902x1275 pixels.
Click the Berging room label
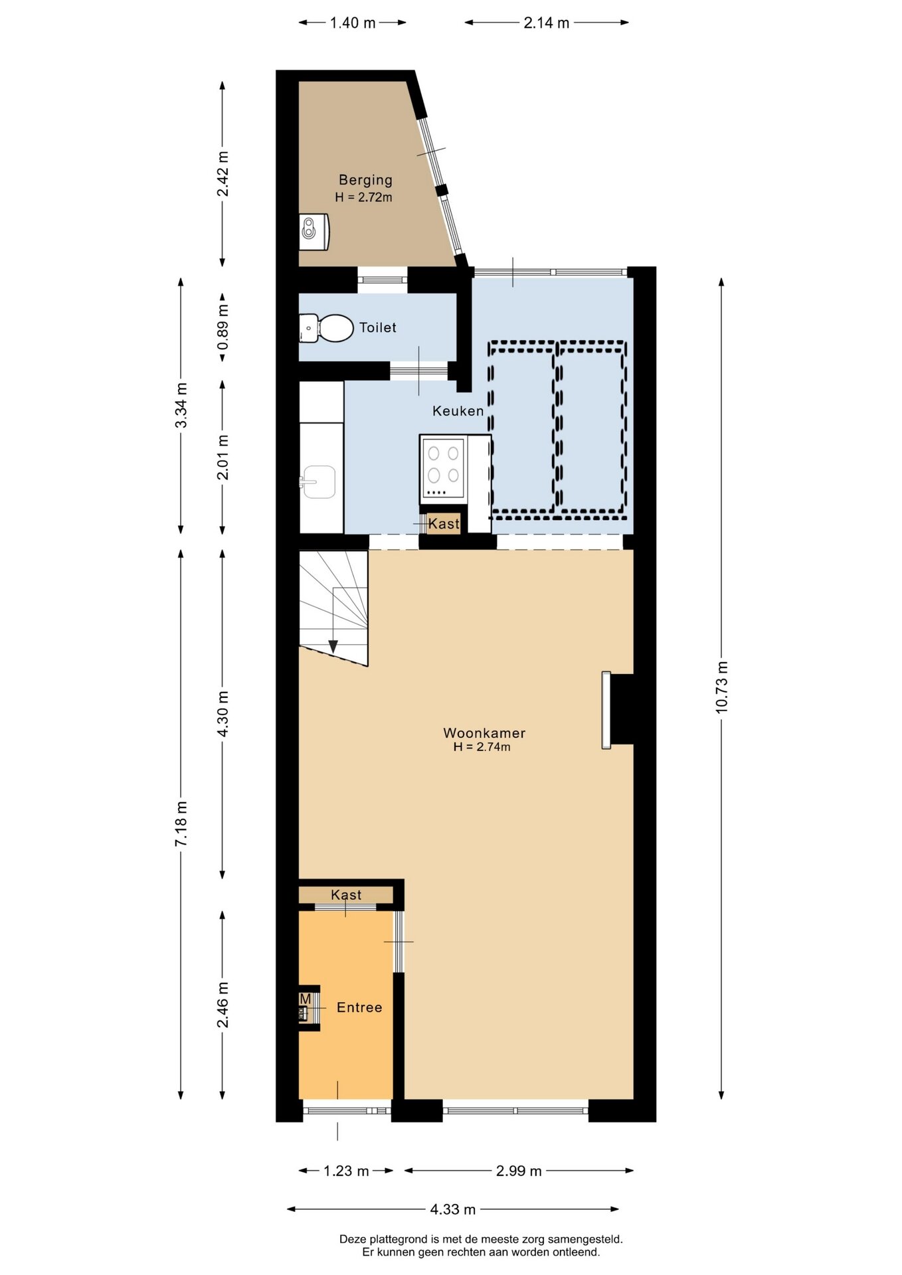365,180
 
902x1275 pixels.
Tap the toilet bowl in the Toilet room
336,328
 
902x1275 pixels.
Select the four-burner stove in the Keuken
443,469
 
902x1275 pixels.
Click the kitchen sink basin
319,481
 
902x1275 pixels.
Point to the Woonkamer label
484,733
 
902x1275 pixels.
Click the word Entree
359,1007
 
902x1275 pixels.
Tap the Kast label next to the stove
444,524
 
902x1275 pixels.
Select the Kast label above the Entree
346,894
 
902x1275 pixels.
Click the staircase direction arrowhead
333,646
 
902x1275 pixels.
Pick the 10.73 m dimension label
722,687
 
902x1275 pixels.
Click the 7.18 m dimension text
181,823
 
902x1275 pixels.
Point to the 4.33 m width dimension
453,1209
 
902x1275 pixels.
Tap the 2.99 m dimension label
519,1171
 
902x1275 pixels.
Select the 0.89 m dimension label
223,327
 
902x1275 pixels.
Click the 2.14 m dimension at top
547,23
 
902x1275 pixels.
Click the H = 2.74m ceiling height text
482,747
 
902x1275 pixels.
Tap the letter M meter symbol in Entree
306,999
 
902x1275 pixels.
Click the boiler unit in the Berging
314,232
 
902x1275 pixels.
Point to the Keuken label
458,411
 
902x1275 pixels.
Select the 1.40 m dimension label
353,23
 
